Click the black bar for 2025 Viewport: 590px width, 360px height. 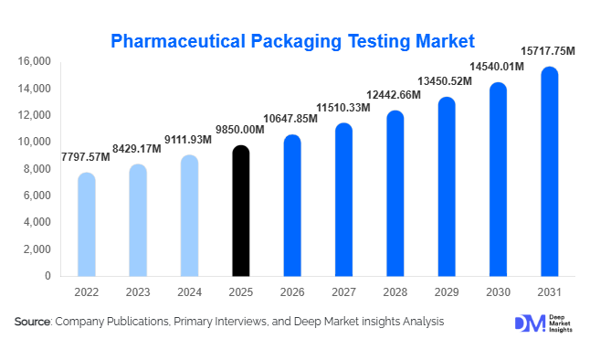pos(240,211)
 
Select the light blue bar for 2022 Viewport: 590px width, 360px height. pos(86,224)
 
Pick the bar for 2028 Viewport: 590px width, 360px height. pos(395,193)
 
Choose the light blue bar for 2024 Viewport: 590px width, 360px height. pos(189,216)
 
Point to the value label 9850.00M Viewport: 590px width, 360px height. pos(241,130)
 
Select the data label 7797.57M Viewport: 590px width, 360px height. pos(86,157)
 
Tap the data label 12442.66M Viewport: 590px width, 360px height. pos(395,95)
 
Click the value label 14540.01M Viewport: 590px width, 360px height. pos(497,68)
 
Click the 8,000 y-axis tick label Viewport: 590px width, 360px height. pos(37,169)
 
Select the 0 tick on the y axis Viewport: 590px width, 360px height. pos(47,276)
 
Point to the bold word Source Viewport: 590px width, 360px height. pos(33,322)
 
